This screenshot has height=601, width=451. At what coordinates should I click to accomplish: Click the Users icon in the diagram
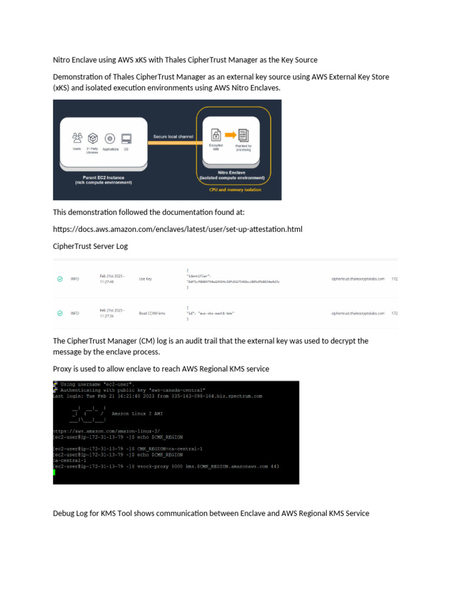tap(77, 138)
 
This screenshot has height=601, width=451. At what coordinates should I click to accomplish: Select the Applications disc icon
tap(110, 139)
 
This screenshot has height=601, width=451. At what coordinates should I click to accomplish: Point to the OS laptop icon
tap(126, 139)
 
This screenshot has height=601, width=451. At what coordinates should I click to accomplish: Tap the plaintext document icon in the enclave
tap(244, 134)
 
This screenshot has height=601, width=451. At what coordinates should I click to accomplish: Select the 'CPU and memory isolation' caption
tap(234, 190)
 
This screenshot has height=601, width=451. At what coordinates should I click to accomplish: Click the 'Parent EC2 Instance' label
tap(103, 177)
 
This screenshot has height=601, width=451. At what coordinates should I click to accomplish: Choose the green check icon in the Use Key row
tap(60, 279)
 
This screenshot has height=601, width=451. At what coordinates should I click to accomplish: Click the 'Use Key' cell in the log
tap(145, 279)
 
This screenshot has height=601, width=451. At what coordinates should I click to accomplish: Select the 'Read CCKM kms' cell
tap(152, 313)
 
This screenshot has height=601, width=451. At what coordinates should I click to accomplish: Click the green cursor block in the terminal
tap(55, 472)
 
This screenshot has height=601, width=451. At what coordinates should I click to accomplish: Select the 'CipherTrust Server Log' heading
tap(90, 247)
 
